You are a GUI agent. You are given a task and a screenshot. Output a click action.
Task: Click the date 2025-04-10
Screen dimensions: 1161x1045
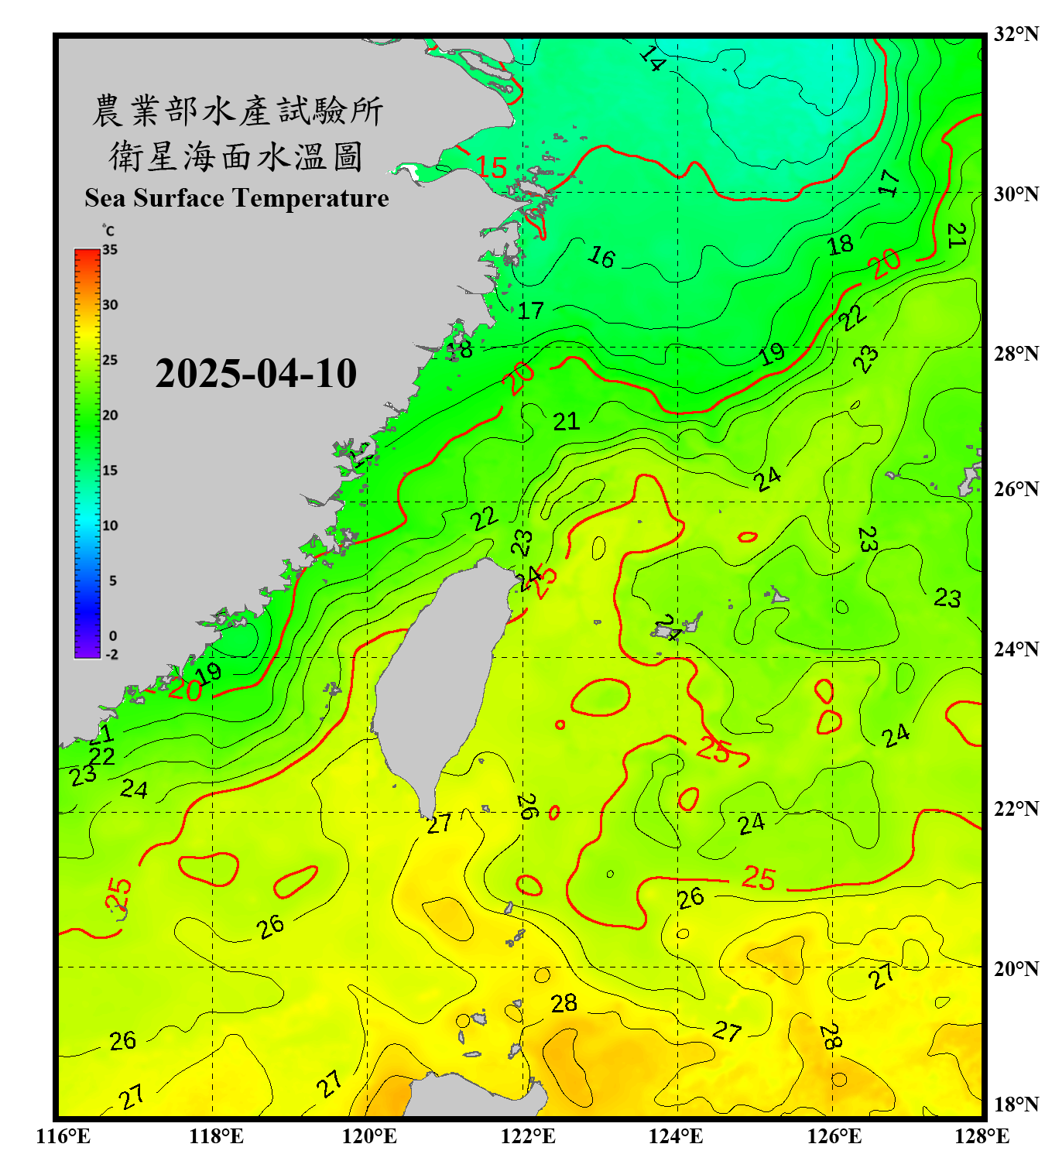(255, 374)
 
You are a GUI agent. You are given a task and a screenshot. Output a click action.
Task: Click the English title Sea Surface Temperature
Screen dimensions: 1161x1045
(236, 198)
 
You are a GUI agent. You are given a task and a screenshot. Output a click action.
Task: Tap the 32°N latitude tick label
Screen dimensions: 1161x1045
(1015, 34)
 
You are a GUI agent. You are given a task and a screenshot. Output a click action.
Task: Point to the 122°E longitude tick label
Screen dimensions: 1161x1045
(527, 1136)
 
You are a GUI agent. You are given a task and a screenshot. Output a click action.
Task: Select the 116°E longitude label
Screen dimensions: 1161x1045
(63, 1136)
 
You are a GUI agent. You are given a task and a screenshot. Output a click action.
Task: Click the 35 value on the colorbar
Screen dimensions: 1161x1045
(110, 250)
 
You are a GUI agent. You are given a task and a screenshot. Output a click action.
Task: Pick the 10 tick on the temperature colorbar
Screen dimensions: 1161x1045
(110, 526)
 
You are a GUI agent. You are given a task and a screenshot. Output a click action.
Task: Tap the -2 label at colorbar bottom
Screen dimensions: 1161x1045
(111, 654)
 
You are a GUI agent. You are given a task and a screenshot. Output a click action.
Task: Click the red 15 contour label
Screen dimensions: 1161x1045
(491, 167)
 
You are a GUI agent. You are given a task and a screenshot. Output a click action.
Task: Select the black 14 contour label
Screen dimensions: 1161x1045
(652, 59)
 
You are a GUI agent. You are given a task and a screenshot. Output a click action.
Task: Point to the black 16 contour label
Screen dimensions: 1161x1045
(601, 256)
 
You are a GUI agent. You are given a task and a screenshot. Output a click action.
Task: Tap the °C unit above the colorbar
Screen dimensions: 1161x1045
(108, 231)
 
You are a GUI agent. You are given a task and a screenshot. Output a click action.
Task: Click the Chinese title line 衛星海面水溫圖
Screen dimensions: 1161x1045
(236, 156)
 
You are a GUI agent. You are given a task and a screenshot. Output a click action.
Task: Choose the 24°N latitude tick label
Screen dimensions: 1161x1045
(1015, 649)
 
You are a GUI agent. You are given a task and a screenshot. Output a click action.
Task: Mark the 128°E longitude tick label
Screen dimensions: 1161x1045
(982, 1136)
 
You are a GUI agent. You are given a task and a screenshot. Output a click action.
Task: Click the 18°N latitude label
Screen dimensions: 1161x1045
(1015, 1104)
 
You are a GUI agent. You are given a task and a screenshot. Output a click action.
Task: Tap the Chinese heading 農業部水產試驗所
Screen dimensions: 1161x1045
(236, 111)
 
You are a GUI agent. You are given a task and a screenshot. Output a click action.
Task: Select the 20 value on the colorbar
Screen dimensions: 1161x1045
(110, 415)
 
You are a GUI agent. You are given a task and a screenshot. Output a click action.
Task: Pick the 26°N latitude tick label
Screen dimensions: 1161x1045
(1015, 489)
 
